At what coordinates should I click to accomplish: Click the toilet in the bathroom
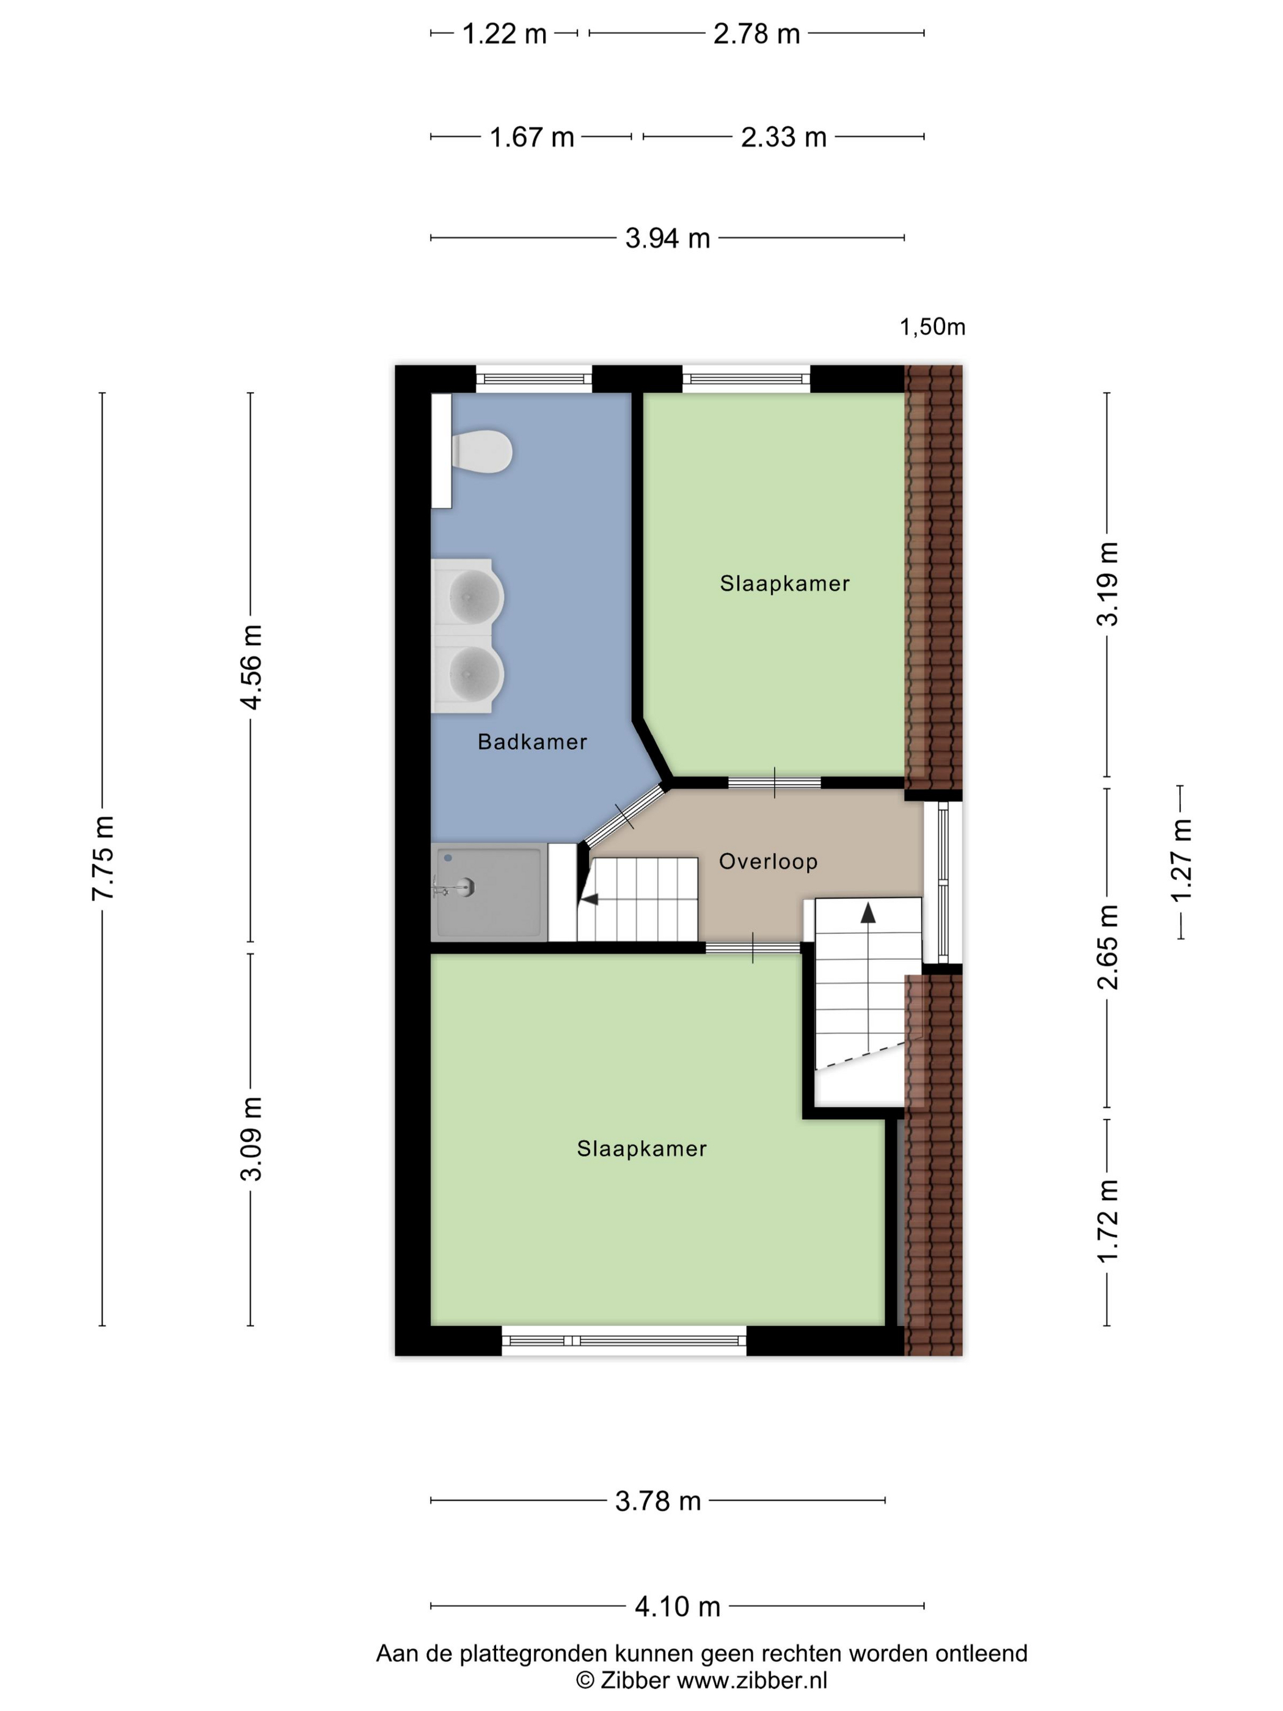coord(481,451)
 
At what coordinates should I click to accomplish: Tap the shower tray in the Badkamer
coord(489,892)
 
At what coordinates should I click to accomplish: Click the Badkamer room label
coord(532,742)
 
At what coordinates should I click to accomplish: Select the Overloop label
coord(768,861)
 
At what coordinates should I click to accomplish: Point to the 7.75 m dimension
coord(103,858)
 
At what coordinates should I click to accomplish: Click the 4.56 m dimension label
coord(251,667)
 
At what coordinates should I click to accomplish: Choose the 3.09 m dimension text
coord(251,1138)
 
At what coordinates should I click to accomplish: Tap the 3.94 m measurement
coord(667,238)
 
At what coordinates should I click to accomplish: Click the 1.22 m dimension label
coord(504,34)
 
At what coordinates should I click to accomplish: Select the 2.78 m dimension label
coord(756,34)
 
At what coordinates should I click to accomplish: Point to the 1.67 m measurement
coord(532,137)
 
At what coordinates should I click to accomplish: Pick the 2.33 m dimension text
coord(783,137)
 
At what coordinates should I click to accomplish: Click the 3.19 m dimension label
coord(1108,584)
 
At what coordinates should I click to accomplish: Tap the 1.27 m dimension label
coord(1181,860)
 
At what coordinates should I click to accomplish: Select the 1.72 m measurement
coord(1108,1222)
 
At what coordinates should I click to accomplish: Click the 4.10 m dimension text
coord(678,1607)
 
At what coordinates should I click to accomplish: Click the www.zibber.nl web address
coord(751,1680)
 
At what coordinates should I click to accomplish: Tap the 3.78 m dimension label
coord(658,1501)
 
